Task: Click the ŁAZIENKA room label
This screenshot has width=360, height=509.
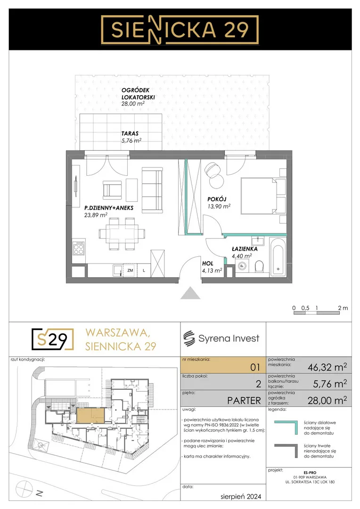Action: [x=245, y=249]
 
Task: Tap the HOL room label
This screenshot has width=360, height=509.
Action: [x=207, y=263]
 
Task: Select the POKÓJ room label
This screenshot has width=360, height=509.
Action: [x=217, y=199]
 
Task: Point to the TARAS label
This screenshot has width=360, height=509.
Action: [x=130, y=133]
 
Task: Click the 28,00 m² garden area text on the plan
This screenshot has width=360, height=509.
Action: [x=133, y=104]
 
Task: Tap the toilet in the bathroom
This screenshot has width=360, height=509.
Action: [x=259, y=267]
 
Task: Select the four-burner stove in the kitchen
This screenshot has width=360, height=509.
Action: [x=79, y=248]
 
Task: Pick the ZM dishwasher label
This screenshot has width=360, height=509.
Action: [x=130, y=270]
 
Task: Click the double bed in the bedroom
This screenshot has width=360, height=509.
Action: [x=262, y=196]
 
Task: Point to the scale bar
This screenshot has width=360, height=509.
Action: [x=317, y=313]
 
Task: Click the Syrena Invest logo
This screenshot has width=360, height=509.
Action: [x=221, y=338]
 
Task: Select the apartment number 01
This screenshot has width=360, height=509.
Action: [x=255, y=367]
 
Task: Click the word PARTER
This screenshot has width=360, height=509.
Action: [x=244, y=401]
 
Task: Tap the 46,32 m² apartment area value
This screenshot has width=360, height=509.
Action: [x=327, y=367]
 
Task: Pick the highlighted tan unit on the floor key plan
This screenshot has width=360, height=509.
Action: [x=90, y=416]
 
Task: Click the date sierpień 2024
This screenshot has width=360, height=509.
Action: [x=240, y=497]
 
